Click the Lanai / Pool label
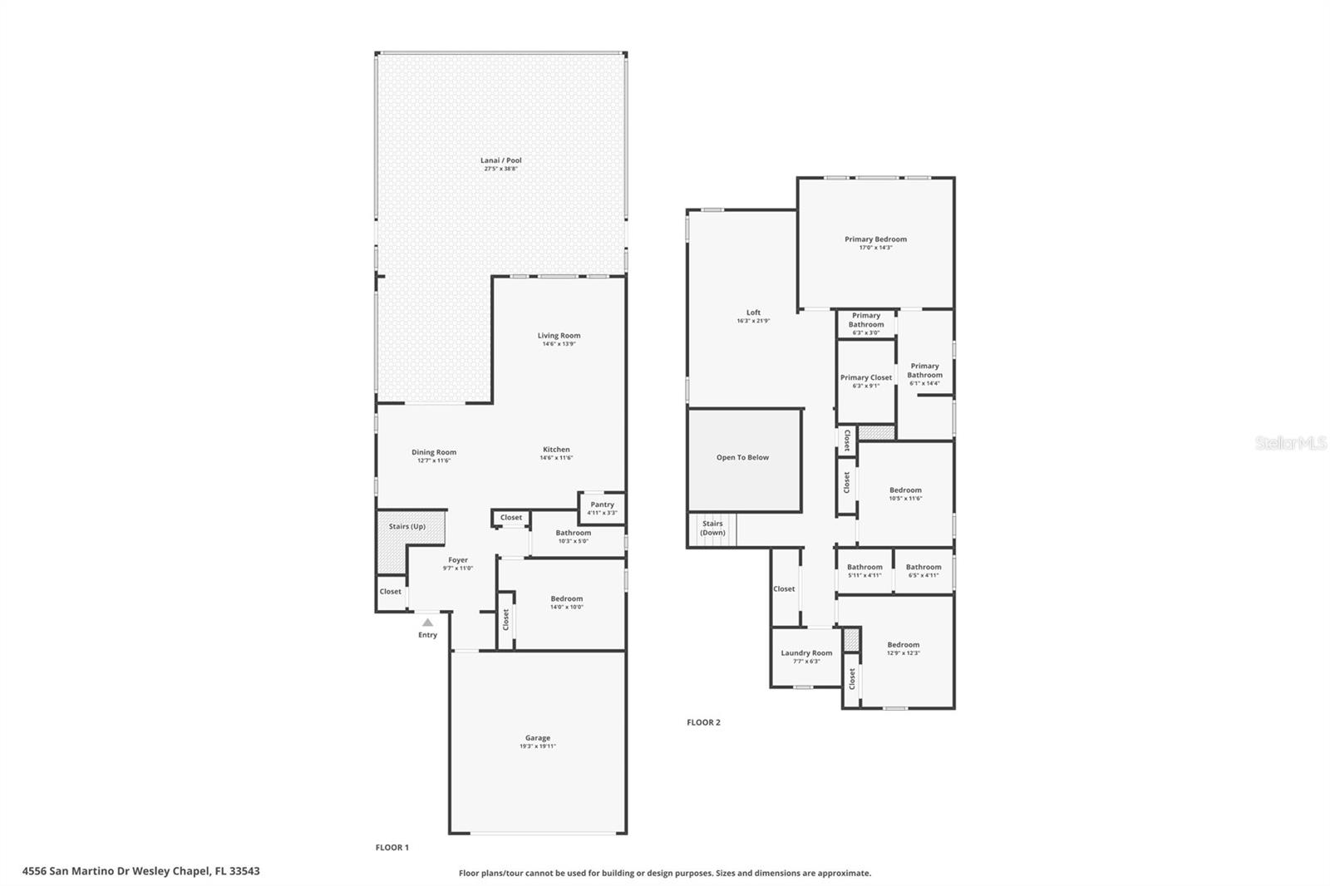pyautogui.click(x=501, y=160)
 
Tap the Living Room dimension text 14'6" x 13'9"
pyautogui.click(x=559, y=344)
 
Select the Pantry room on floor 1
pyautogui.click(x=602, y=508)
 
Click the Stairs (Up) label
pyautogui.click(x=406, y=526)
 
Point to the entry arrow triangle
pyautogui.click(x=427, y=622)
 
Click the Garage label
pyautogui.click(x=537, y=738)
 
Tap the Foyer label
pyautogui.click(x=458, y=560)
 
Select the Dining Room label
pyautogui.click(x=434, y=452)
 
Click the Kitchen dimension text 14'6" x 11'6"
pyautogui.click(x=556, y=458)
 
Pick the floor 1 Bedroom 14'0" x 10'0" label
pyautogui.click(x=567, y=598)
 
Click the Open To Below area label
pyautogui.click(x=742, y=457)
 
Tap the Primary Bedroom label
pyautogui.click(x=875, y=239)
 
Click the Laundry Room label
pyautogui.click(x=806, y=653)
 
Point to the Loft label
pyautogui.click(x=753, y=313)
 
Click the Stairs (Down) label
pyautogui.click(x=712, y=528)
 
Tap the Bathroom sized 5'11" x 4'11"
pyautogui.click(x=864, y=570)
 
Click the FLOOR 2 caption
pyautogui.click(x=703, y=722)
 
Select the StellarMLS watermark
pyautogui.click(x=1290, y=444)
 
